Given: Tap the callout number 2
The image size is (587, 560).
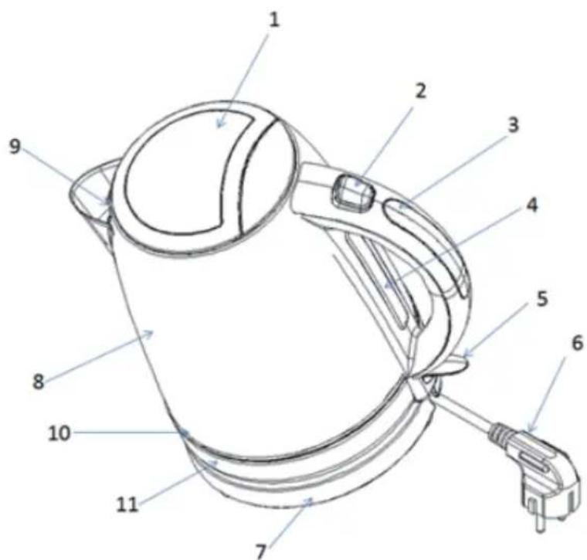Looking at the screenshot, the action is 421,91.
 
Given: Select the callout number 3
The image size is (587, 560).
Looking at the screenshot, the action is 514,124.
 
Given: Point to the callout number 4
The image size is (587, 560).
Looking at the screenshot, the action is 531,205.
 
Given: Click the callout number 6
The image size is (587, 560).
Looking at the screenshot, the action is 578,343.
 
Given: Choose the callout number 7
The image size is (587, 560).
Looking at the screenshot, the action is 261,552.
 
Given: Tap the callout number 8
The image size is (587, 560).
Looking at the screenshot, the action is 38,382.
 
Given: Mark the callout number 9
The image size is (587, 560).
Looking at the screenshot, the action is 15,147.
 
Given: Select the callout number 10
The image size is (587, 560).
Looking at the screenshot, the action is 59,433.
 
